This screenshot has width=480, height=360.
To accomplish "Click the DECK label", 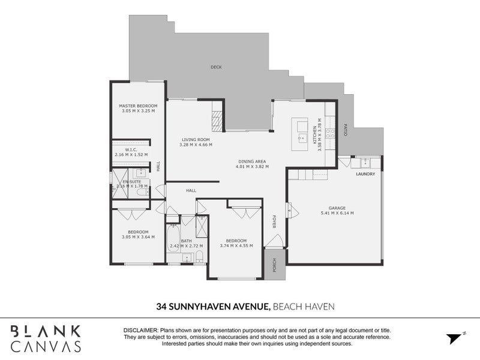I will coord(216,67).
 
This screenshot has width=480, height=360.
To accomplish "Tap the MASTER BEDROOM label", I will coord(138,106).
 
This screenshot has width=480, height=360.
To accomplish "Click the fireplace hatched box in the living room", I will coord(217,121).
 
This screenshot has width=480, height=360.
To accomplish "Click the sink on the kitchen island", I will coord(300,137).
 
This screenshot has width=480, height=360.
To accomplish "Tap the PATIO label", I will coord(346,131).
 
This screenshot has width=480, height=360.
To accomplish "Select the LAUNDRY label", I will coord(365,175).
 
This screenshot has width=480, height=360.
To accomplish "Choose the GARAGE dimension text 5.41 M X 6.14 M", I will coord(337,213).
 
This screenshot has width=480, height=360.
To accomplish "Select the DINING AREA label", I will coord(252,161).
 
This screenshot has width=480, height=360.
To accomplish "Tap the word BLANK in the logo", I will coord(45,331).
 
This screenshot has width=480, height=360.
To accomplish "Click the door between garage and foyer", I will coord(289,211).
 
